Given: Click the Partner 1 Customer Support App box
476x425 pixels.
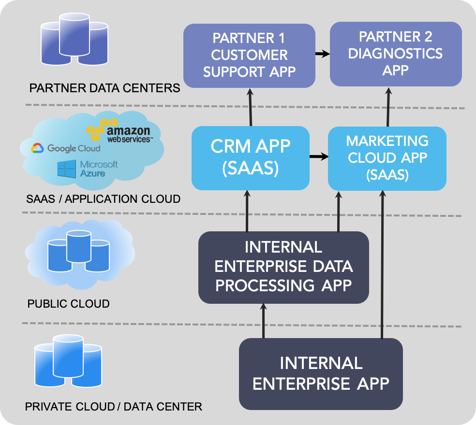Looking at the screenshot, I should coord(249,56).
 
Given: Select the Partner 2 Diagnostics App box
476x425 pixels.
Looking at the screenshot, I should coord(396,54).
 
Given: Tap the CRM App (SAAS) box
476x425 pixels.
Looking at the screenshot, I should coord(251,157).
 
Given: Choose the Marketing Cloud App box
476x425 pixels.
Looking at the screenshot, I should coord(387,158).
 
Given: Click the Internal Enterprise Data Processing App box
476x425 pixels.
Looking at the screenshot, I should coord(283,267).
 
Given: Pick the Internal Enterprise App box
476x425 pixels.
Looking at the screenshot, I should coord(321,373).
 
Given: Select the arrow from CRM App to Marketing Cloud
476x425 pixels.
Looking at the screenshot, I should coord(319,156).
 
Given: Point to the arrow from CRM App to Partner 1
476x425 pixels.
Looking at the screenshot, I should coord(251,107).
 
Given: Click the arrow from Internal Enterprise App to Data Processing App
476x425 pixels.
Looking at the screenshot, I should coord(264,321).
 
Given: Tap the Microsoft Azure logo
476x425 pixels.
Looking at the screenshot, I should coord(88,169).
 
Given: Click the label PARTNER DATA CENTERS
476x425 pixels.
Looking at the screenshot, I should coord(105,88).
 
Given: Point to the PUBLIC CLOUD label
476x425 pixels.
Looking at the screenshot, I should coord(69,304).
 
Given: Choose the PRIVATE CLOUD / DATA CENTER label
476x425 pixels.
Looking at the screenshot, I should coord(114,406).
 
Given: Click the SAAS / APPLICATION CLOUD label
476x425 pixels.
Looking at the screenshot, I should coord(104,198).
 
